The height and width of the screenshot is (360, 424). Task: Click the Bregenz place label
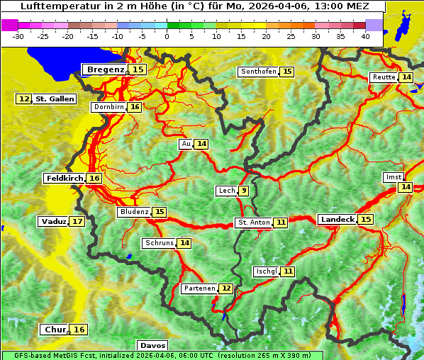[106, 69]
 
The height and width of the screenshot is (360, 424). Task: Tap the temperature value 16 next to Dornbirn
[135, 107]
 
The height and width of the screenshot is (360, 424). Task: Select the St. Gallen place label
[55, 99]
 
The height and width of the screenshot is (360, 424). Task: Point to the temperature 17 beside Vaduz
[77, 222]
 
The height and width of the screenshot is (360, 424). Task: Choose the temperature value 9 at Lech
[244, 191]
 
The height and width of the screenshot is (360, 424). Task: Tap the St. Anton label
[253, 223]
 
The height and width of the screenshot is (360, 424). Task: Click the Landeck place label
[337, 220]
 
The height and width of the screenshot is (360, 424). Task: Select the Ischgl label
[266, 271]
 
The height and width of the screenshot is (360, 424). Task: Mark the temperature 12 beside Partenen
[225, 288]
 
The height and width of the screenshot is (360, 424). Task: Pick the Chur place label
[55, 330]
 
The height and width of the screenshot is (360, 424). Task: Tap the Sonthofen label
[258, 72]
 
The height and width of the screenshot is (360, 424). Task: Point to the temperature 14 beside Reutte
[406, 77]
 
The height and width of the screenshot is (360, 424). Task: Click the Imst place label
[392, 176]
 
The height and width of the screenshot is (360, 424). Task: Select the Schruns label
[159, 243]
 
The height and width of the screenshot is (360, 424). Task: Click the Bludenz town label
[134, 212]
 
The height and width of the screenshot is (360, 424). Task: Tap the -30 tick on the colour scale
[19, 35]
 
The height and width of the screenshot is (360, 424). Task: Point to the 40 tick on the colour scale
[365, 35]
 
